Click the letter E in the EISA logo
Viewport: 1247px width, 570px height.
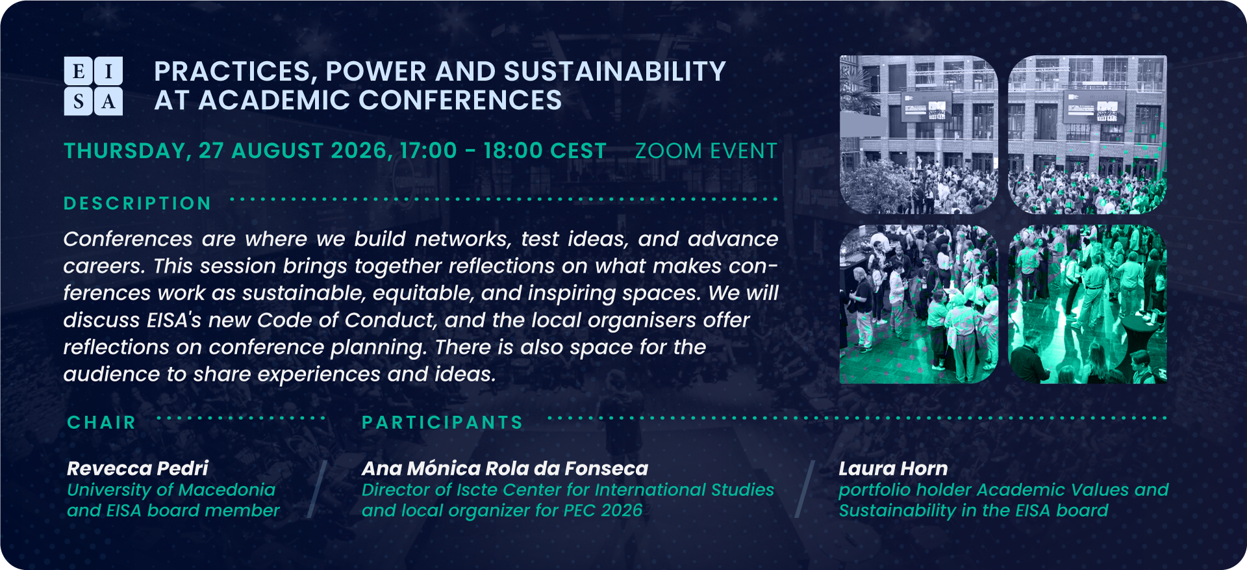pyautogui.click(x=79, y=71)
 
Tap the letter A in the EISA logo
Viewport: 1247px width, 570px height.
pyautogui.click(x=108, y=101)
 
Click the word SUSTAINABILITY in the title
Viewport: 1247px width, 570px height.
pyautogui.click(x=614, y=71)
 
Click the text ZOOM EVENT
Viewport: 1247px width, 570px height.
pyautogui.click(x=706, y=151)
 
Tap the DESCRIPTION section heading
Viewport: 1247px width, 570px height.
pyautogui.click(x=138, y=203)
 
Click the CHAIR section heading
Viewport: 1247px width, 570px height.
pyautogui.click(x=102, y=422)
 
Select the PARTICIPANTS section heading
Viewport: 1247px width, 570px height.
pyautogui.click(x=442, y=422)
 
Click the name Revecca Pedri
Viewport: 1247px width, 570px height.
pyautogui.click(x=138, y=468)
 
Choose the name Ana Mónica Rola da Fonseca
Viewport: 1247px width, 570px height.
pyautogui.click(x=505, y=468)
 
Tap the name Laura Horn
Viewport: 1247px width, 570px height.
pyautogui.click(x=893, y=468)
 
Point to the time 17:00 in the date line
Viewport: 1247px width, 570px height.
pyautogui.click(x=429, y=151)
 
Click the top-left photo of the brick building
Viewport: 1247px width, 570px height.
pyautogui.click(x=919, y=135)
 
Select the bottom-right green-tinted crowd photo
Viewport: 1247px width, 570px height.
pyautogui.click(x=1087, y=304)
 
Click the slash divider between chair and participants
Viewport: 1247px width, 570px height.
pyautogui.click(x=316, y=489)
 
